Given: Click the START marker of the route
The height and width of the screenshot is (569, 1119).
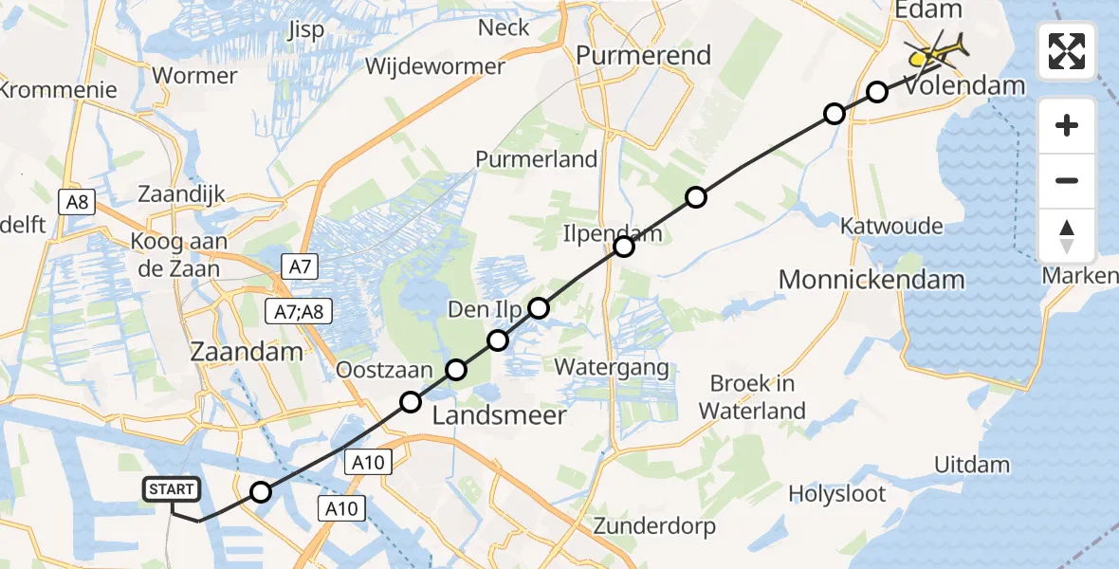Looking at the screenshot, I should [x=172, y=489].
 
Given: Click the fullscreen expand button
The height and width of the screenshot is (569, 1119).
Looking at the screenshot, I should [x=1067, y=51].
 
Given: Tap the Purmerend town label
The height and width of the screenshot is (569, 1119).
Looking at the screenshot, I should [x=644, y=55].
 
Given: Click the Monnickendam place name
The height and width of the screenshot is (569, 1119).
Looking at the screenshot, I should [x=871, y=280].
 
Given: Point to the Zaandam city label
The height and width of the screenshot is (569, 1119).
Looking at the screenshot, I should [x=248, y=351].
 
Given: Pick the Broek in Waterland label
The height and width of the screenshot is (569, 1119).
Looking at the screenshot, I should [x=754, y=397].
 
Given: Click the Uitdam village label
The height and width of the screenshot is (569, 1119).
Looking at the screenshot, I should [x=972, y=465].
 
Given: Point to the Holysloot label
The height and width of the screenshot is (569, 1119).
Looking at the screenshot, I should [x=837, y=494].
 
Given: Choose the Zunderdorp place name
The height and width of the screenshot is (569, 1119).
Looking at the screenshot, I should [x=654, y=525].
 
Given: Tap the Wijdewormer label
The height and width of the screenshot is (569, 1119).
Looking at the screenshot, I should [x=435, y=67].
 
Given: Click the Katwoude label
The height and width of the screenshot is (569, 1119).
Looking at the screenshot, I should [x=892, y=226].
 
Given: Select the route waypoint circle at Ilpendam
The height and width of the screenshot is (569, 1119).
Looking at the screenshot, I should [x=623, y=247].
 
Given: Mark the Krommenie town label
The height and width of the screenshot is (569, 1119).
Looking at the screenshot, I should [x=59, y=90].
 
